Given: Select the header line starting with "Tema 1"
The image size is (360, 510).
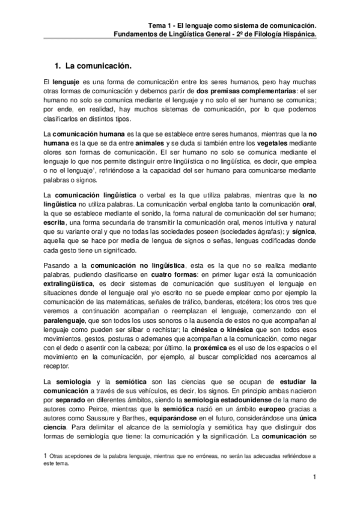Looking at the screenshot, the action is (232, 26).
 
